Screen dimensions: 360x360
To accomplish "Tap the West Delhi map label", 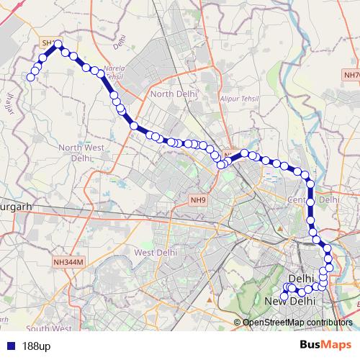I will [156, 253].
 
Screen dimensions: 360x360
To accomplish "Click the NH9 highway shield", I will [198, 199].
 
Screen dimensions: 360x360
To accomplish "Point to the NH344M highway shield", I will [68, 264].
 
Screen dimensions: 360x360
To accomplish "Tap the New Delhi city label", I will [292, 301].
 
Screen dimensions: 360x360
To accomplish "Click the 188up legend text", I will [36, 346].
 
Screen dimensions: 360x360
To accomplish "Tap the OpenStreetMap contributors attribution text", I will [297, 322].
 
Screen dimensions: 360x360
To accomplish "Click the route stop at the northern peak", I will [59, 45].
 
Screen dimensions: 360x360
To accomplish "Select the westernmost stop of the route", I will [30, 78].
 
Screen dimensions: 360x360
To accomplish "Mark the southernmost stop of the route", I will [284, 296].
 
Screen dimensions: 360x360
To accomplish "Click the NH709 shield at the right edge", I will [352, 74].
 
